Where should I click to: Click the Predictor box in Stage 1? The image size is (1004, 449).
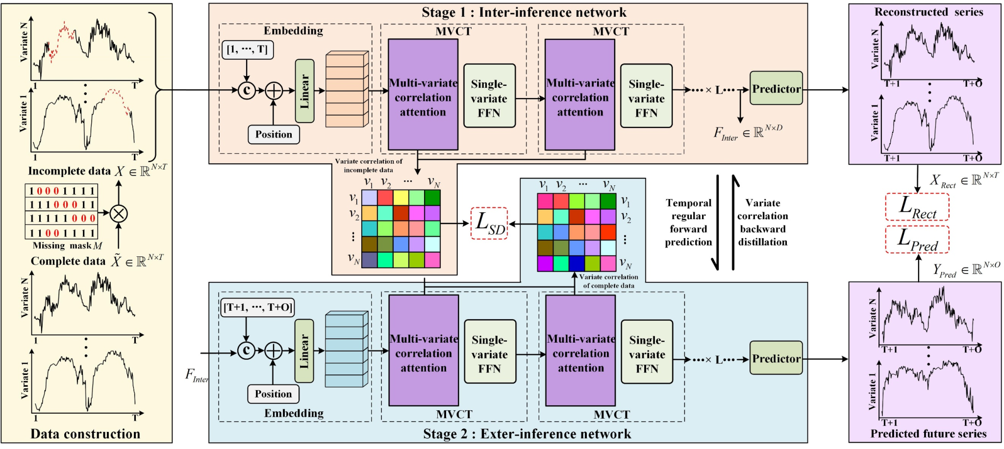pyautogui.click(x=776, y=88)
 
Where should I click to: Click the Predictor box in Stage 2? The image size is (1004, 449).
pyautogui.click(x=776, y=358)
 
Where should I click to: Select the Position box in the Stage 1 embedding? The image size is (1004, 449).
pyautogui.click(x=274, y=134)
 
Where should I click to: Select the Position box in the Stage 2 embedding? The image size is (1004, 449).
pyautogui.click(x=273, y=394)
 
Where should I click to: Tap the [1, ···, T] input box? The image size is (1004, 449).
pyautogui.click(x=248, y=50)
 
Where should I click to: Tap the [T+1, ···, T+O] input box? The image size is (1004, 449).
pyautogui.click(x=257, y=307)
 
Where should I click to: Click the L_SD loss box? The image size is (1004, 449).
pyautogui.click(x=489, y=224)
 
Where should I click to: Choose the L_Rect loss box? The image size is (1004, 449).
pyautogui.click(x=917, y=207)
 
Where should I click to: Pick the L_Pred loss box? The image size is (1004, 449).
pyautogui.click(x=917, y=240)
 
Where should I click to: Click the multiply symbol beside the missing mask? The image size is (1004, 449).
pyautogui.click(x=118, y=213)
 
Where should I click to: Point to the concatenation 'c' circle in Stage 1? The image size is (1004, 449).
pyautogui.click(x=247, y=90)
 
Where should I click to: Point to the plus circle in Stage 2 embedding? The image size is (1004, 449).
pyautogui.click(x=273, y=350)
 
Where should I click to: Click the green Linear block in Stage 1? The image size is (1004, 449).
pyautogui.click(x=304, y=91)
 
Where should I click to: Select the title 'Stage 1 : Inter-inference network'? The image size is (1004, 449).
pyautogui.click(x=524, y=12)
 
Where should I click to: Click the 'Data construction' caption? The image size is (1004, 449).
pyautogui.click(x=85, y=434)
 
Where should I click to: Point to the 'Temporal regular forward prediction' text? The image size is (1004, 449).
pyautogui.click(x=688, y=222)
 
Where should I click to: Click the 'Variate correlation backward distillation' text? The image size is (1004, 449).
pyautogui.click(x=763, y=222)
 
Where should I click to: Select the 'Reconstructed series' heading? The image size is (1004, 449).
pyautogui.click(x=929, y=12)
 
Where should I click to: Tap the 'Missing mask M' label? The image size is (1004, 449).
pyautogui.click(x=67, y=246)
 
